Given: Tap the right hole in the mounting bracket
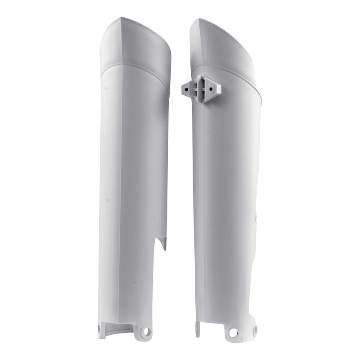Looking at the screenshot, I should pos(211,89).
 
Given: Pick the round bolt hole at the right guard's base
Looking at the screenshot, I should pos(232,333).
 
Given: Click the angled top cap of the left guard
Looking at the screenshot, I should pos(135,43).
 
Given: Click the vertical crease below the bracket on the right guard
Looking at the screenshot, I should pos(203,202).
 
